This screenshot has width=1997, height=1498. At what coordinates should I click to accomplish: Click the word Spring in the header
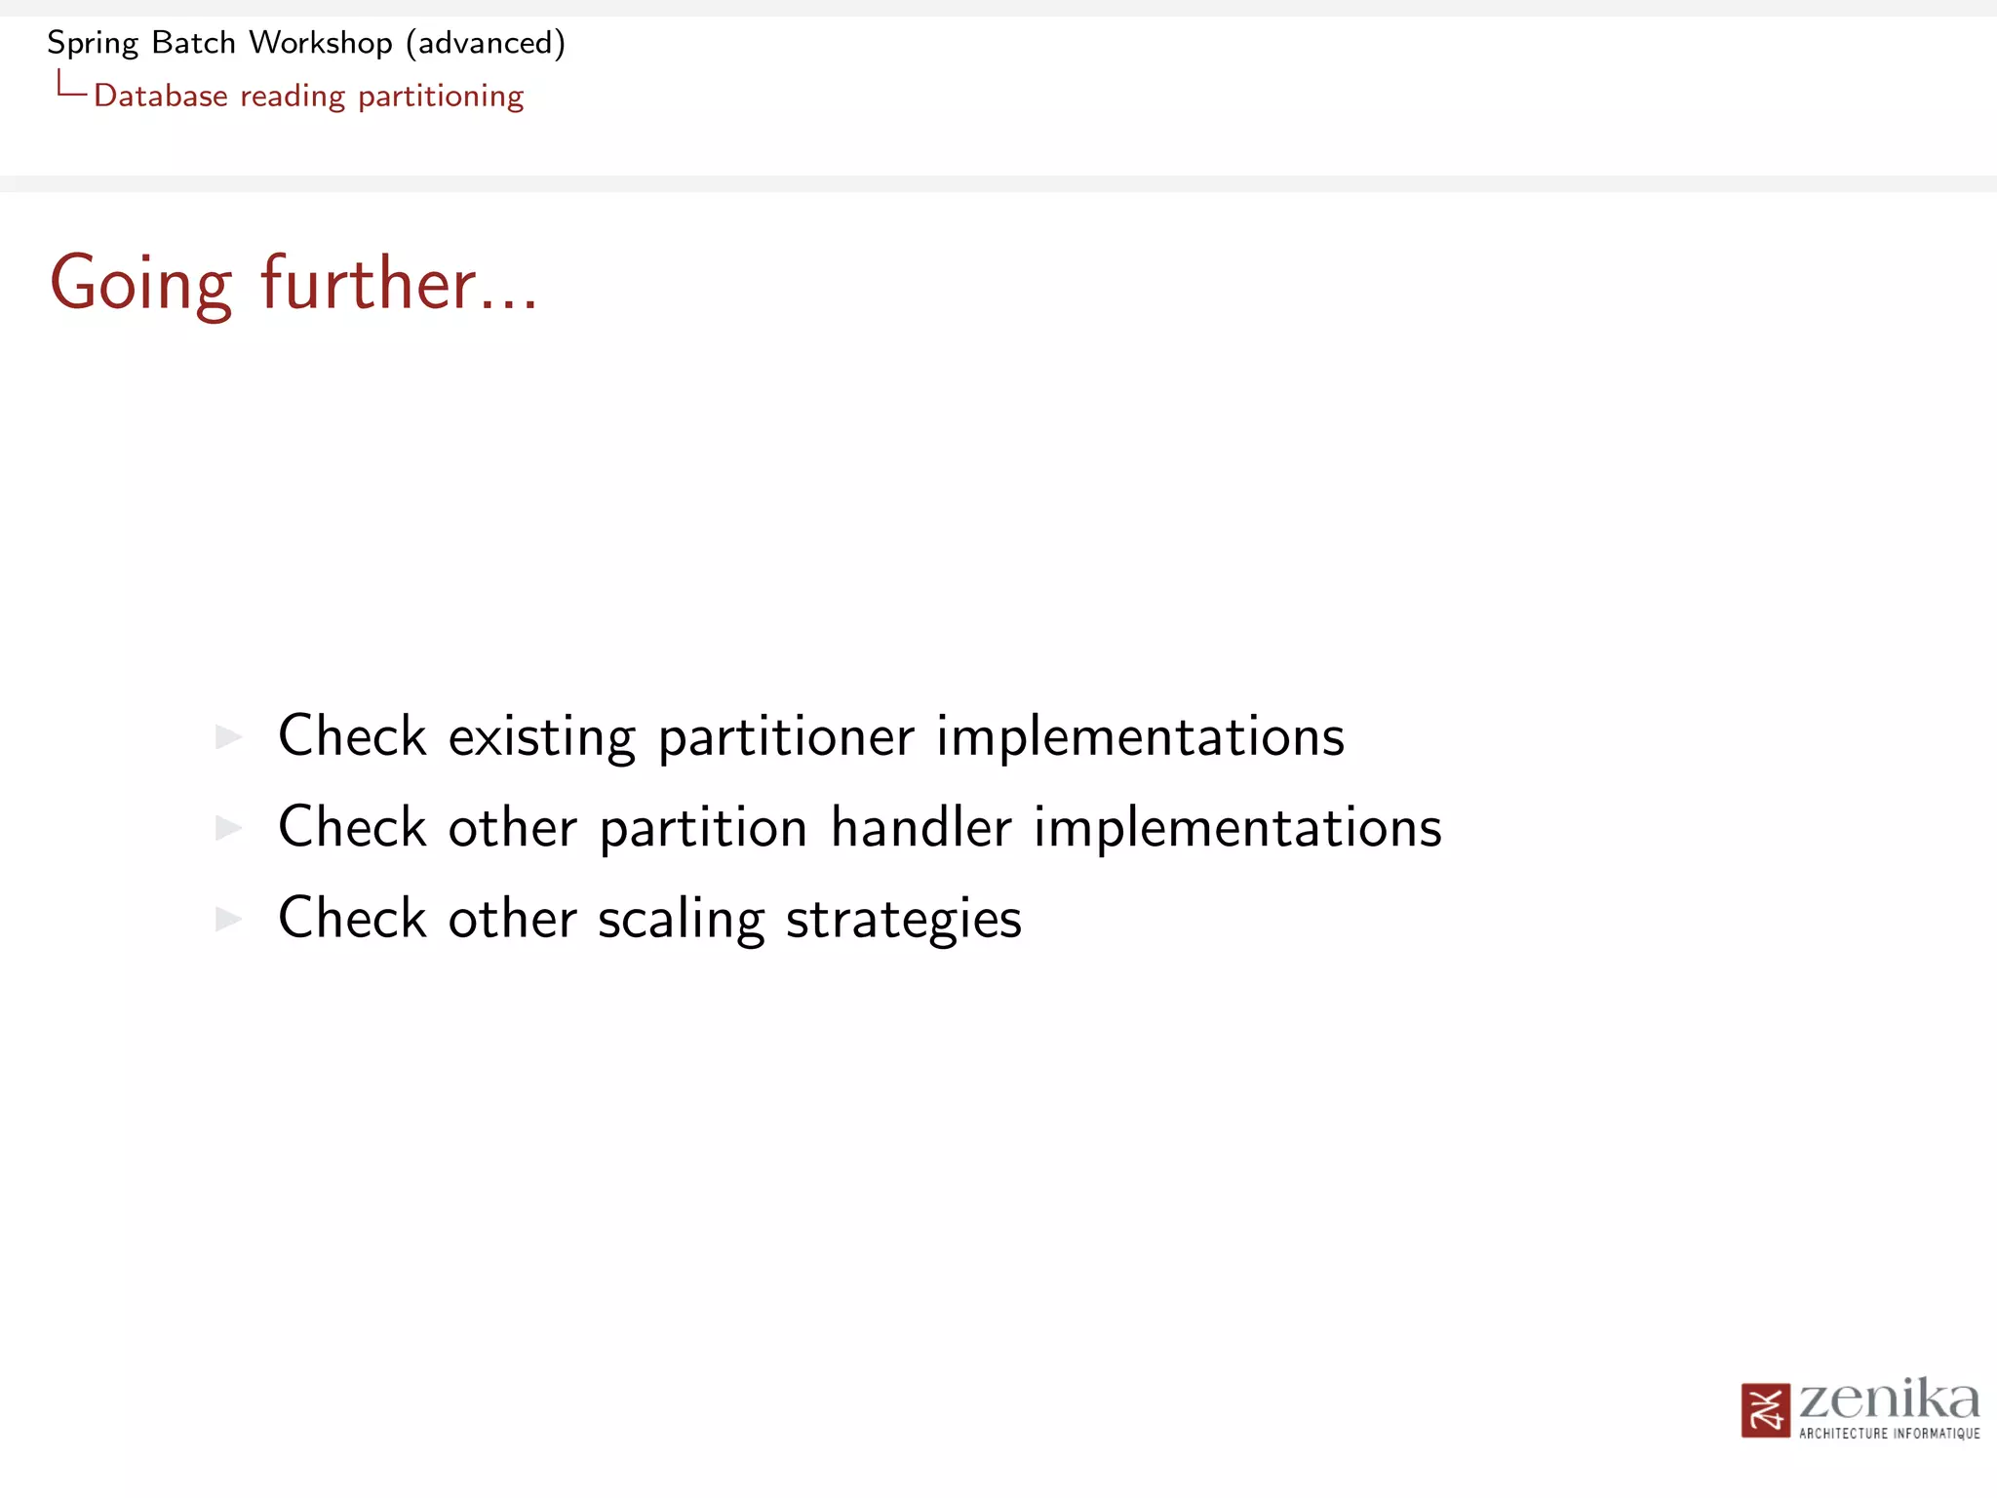coord(93,44)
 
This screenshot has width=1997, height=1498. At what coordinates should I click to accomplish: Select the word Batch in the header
coord(194,43)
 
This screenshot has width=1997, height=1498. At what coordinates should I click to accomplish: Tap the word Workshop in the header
coord(320,44)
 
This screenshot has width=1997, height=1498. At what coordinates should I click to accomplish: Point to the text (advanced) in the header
coord(486,44)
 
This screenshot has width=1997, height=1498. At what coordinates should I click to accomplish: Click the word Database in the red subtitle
coord(161,96)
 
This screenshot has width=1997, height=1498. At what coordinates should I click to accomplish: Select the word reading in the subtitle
coord(293,97)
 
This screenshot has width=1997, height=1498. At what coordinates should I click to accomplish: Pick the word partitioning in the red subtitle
coord(441,97)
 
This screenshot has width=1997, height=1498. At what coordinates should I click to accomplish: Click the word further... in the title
coord(399,284)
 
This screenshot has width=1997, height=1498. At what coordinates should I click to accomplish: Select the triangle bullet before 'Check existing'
coord(228,736)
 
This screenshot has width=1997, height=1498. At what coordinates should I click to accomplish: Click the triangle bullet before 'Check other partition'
coord(228,828)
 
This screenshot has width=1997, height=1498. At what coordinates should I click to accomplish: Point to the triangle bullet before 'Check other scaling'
coord(228,919)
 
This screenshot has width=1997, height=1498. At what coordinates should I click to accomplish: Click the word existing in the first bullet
coord(541,736)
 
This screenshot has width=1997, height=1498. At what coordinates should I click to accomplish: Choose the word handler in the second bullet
coord(921,827)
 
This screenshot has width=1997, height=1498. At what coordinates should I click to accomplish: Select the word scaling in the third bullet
coord(681,920)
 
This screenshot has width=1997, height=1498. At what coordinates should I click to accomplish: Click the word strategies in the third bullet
coord(903,920)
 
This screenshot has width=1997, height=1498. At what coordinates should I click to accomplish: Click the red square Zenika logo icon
coord(1765,1410)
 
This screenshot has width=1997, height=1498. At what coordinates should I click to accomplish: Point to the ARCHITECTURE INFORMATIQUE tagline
coord(1889,1434)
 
